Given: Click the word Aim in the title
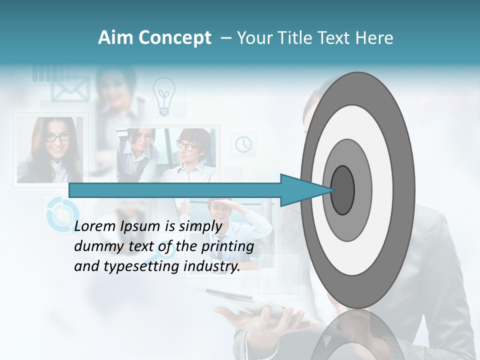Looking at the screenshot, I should (x=115, y=38).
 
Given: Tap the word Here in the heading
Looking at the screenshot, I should (x=374, y=38).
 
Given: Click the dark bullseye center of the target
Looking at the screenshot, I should (x=343, y=190).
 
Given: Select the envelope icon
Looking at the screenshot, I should (x=70, y=90).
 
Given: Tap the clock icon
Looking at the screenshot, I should (x=243, y=144).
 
